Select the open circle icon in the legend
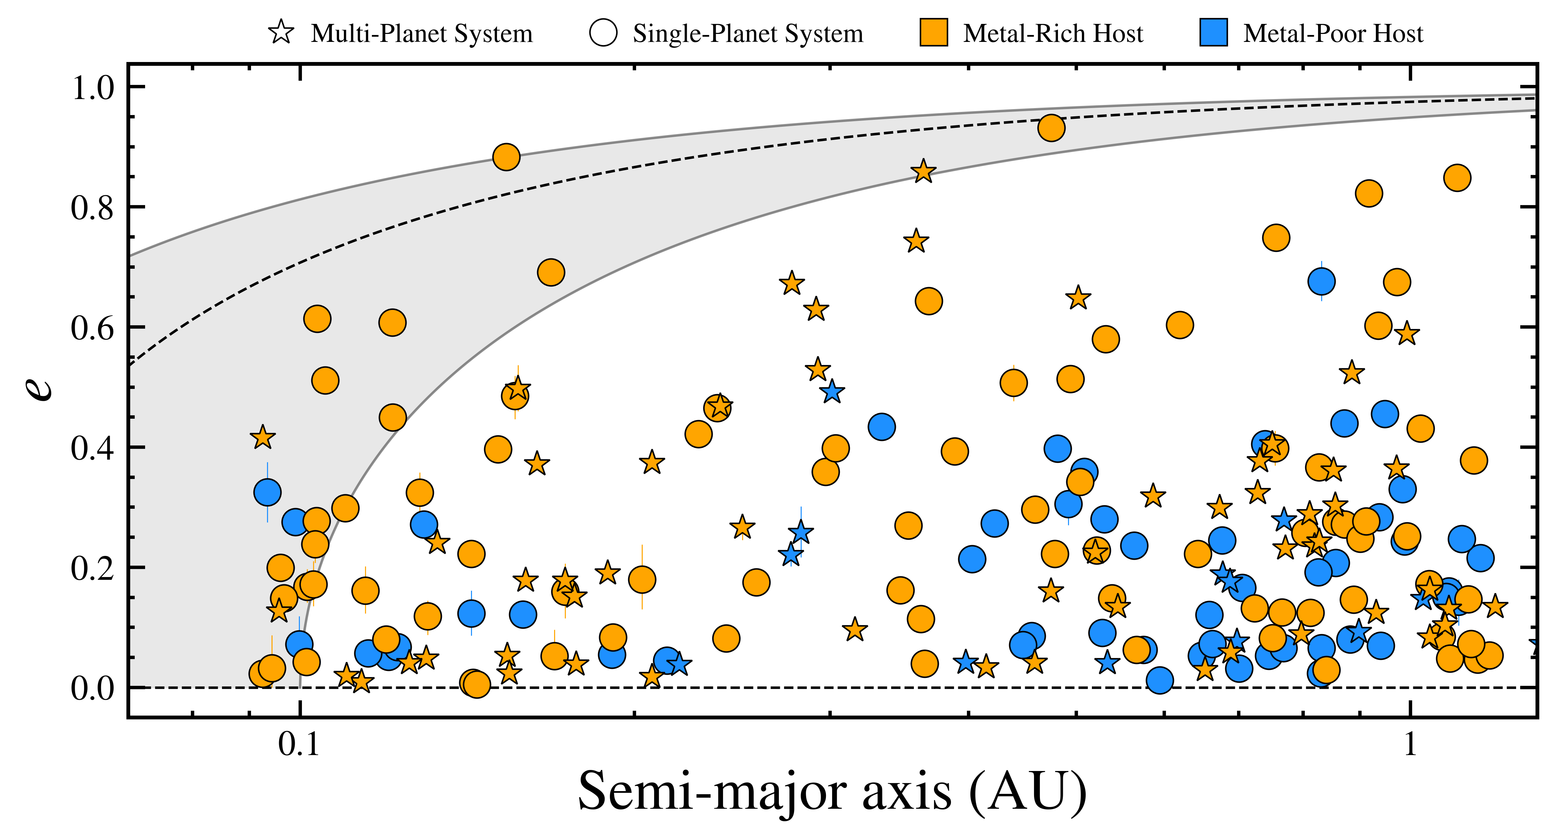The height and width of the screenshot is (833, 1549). coord(603,33)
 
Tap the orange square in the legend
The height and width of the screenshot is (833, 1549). coord(934,33)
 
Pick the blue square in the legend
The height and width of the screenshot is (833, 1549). coord(1213,33)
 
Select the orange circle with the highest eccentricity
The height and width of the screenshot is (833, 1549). coord(1051,128)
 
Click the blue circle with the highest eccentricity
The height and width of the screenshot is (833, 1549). coord(1321,281)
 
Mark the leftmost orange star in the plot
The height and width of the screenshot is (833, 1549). coord(262,437)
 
